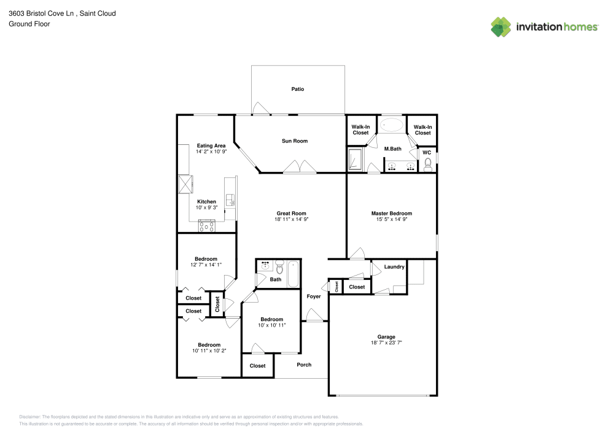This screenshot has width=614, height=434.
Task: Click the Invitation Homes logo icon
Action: [500, 26]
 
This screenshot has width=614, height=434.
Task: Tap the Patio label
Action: [297, 90]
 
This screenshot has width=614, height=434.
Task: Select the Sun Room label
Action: [295, 141]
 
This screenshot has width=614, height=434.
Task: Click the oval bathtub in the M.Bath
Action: [392, 125]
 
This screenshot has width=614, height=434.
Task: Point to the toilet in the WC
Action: [428, 163]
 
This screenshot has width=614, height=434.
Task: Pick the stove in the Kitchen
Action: [206, 226]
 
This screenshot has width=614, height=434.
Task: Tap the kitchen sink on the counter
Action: [230, 200]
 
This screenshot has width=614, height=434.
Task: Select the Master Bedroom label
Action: [391, 214]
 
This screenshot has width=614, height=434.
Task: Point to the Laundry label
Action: [394, 267]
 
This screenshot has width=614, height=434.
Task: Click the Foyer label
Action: [314, 296]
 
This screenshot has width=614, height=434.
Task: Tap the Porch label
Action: [304, 365]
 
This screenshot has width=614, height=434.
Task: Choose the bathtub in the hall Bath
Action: [293, 274]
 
